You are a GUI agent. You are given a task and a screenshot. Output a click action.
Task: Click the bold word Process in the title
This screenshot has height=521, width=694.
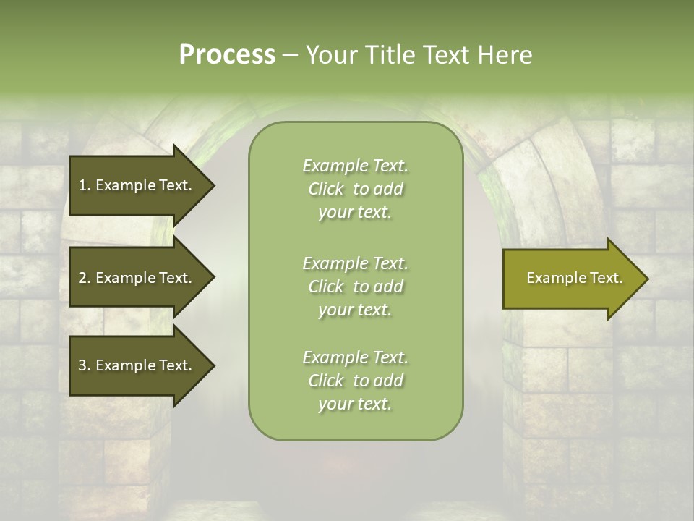[x=227, y=55]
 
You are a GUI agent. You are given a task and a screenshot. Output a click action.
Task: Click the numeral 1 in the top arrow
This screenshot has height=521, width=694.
[x=82, y=185]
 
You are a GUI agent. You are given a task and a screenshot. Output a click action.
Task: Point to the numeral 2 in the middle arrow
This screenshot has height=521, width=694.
[x=82, y=278]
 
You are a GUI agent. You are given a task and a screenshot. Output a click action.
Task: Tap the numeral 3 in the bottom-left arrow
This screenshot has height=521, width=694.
[x=82, y=365]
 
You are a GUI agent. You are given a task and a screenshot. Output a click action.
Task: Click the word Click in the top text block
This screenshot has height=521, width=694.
[x=326, y=189]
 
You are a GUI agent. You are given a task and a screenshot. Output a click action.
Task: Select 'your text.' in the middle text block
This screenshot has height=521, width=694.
[x=355, y=310]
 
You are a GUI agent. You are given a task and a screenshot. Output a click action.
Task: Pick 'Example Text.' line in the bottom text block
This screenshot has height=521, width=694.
[x=355, y=357]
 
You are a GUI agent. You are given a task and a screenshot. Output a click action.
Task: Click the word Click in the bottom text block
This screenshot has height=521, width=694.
[x=326, y=381]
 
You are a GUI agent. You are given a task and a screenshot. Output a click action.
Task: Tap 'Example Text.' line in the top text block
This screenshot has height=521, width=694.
[x=355, y=166]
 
